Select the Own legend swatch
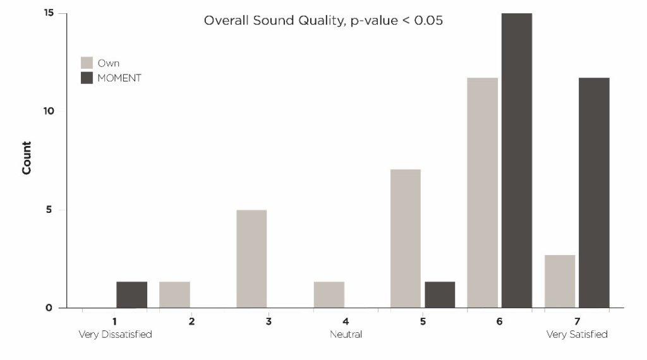(x=87, y=63)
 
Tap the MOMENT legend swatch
(x=87, y=78)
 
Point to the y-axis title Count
(x=27, y=158)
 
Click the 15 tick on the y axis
(x=49, y=13)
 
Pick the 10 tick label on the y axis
(x=49, y=111)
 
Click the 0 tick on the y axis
(x=49, y=308)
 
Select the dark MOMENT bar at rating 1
(x=131, y=295)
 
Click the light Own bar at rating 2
(x=174, y=295)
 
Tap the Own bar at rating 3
(x=251, y=259)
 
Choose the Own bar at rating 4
(x=329, y=295)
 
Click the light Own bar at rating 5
(x=406, y=239)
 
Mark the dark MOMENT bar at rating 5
(x=440, y=295)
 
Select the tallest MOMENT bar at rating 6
(x=517, y=160)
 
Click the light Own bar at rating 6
(x=483, y=193)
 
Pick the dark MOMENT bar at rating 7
(x=594, y=193)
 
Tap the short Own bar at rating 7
(x=560, y=282)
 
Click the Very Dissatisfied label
(x=115, y=334)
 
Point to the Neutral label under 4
(x=346, y=334)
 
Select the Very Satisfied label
(x=577, y=334)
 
